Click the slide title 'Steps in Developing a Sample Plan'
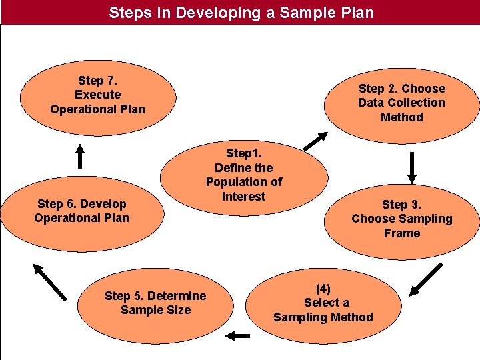241,13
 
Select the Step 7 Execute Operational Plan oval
97,95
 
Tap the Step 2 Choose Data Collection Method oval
401,103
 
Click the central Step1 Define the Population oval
244,175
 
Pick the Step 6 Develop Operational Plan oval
81,211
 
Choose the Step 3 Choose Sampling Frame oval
401,219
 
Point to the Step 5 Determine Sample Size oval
155,303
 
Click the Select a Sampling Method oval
323,303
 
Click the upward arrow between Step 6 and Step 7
79,155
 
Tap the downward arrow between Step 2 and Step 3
412,167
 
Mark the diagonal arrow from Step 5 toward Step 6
49,281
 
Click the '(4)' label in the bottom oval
323,289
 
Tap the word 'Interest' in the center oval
244,197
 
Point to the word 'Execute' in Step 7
97,95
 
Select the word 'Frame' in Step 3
402,233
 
